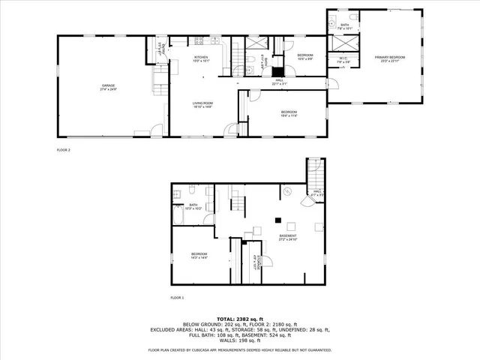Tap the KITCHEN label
tap(201, 57)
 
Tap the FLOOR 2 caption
tap(63, 150)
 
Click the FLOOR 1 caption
tap(177, 298)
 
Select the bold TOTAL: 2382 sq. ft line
tap(239, 319)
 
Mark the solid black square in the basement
tap(277, 220)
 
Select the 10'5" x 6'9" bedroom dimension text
tap(304, 58)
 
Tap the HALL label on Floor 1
tap(317, 190)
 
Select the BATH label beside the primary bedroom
tap(344, 24)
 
